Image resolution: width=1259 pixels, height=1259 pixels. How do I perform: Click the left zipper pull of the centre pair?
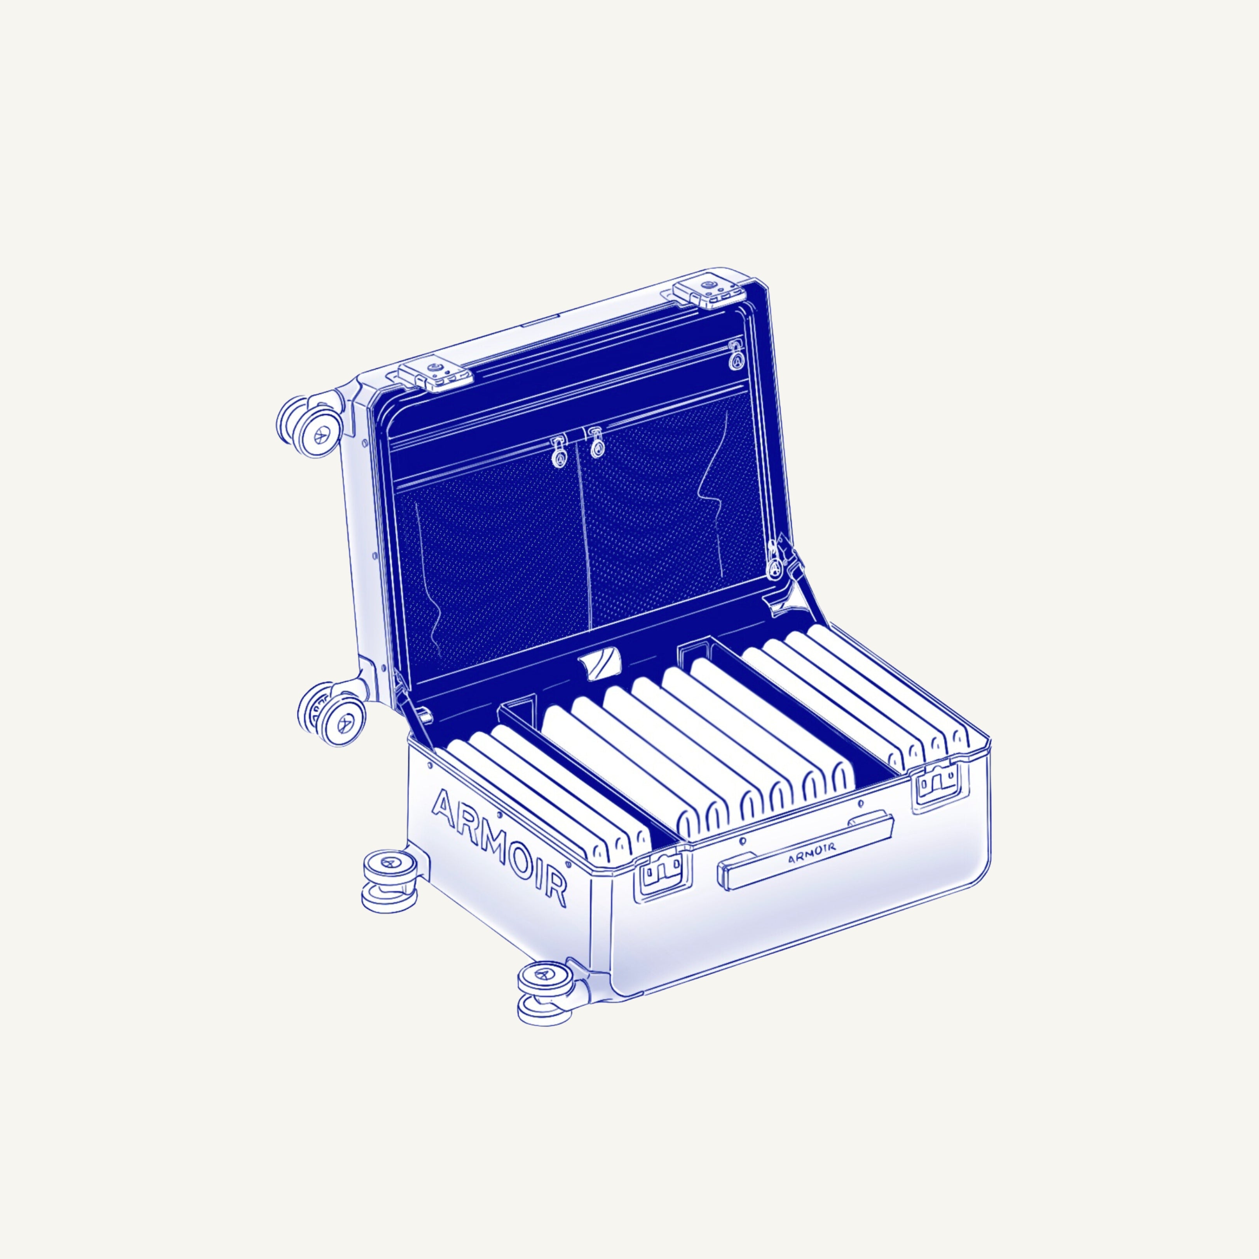point(558,453)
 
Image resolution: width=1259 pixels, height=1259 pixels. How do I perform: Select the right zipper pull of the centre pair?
point(596,443)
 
